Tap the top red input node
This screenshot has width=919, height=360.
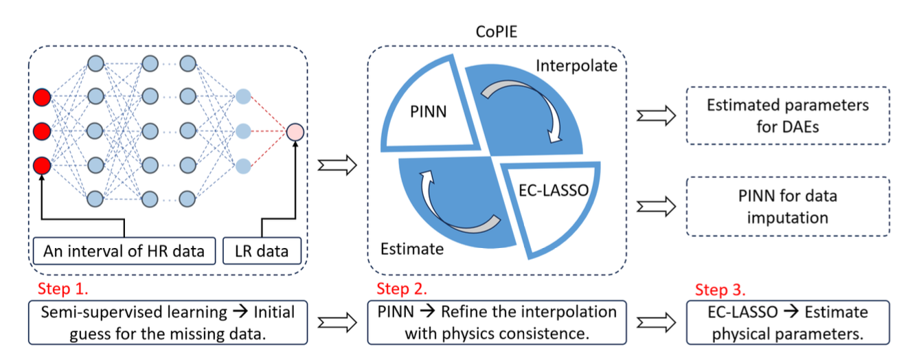pyautogui.click(x=42, y=97)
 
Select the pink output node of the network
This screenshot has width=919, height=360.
pyautogui.click(x=295, y=131)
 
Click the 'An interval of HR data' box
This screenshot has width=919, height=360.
pyautogui.click(x=124, y=251)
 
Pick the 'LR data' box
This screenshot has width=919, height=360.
pyautogui.click(x=262, y=251)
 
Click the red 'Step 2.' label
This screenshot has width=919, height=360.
pyautogui.click(x=402, y=288)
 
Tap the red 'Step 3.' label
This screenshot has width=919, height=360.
pyautogui.click(x=721, y=289)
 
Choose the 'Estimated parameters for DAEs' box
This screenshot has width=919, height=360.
pyautogui.click(x=788, y=115)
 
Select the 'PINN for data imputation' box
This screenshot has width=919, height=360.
pyautogui.click(x=788, y=206)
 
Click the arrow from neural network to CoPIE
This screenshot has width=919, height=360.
pyautogui.click(x=338, y=165)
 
